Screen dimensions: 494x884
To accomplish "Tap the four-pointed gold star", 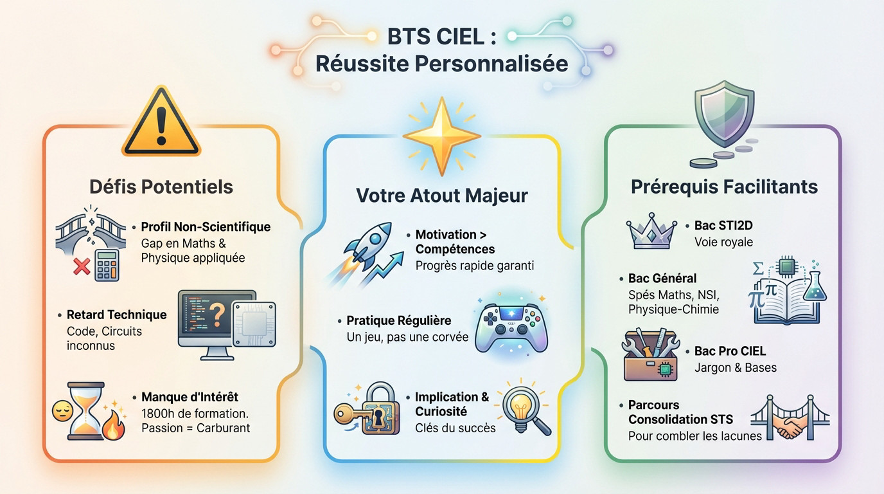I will [441, 135].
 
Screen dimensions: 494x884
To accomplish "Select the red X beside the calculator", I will [82, 267].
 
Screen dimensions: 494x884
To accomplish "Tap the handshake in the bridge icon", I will [789, 426].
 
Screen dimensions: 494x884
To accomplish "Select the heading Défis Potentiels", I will [161, 187].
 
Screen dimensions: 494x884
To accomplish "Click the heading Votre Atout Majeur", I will [442, 196].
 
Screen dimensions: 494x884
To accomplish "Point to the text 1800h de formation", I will [195, 413].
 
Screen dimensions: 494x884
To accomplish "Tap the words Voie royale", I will [723, 242].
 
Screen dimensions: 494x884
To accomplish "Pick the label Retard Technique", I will [117, 315].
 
